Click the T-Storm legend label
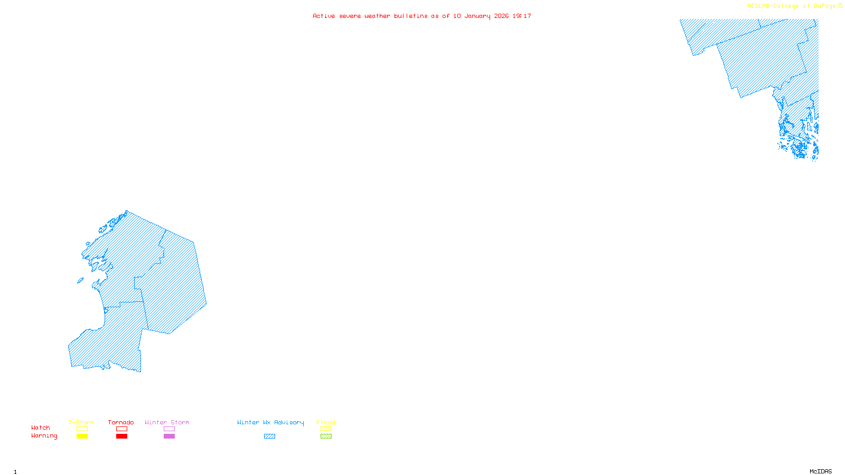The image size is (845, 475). click(81, 422)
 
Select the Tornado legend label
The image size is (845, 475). click(121, 422)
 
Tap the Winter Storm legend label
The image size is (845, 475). click(167, 422)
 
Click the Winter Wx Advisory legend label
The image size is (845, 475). click(270, 422)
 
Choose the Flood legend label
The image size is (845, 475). click(326, 422)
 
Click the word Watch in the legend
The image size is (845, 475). click(41, 427)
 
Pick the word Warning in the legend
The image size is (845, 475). click(44, 436)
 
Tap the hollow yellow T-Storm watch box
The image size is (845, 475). click(82, 429)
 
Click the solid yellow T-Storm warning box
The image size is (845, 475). click(82, 436)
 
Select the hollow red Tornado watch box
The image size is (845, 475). click(121, 429)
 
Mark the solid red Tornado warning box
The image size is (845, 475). click(121, 436)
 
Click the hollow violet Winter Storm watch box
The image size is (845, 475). click(169, 429)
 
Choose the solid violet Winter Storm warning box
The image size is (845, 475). click(169, 436)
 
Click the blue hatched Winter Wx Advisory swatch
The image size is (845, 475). click(269, 436)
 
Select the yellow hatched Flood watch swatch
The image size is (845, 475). click(326, 429)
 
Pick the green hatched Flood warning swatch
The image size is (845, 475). click(326, 436)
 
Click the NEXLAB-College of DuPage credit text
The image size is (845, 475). click(792, 6)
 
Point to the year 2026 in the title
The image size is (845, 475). click(501, 16)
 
